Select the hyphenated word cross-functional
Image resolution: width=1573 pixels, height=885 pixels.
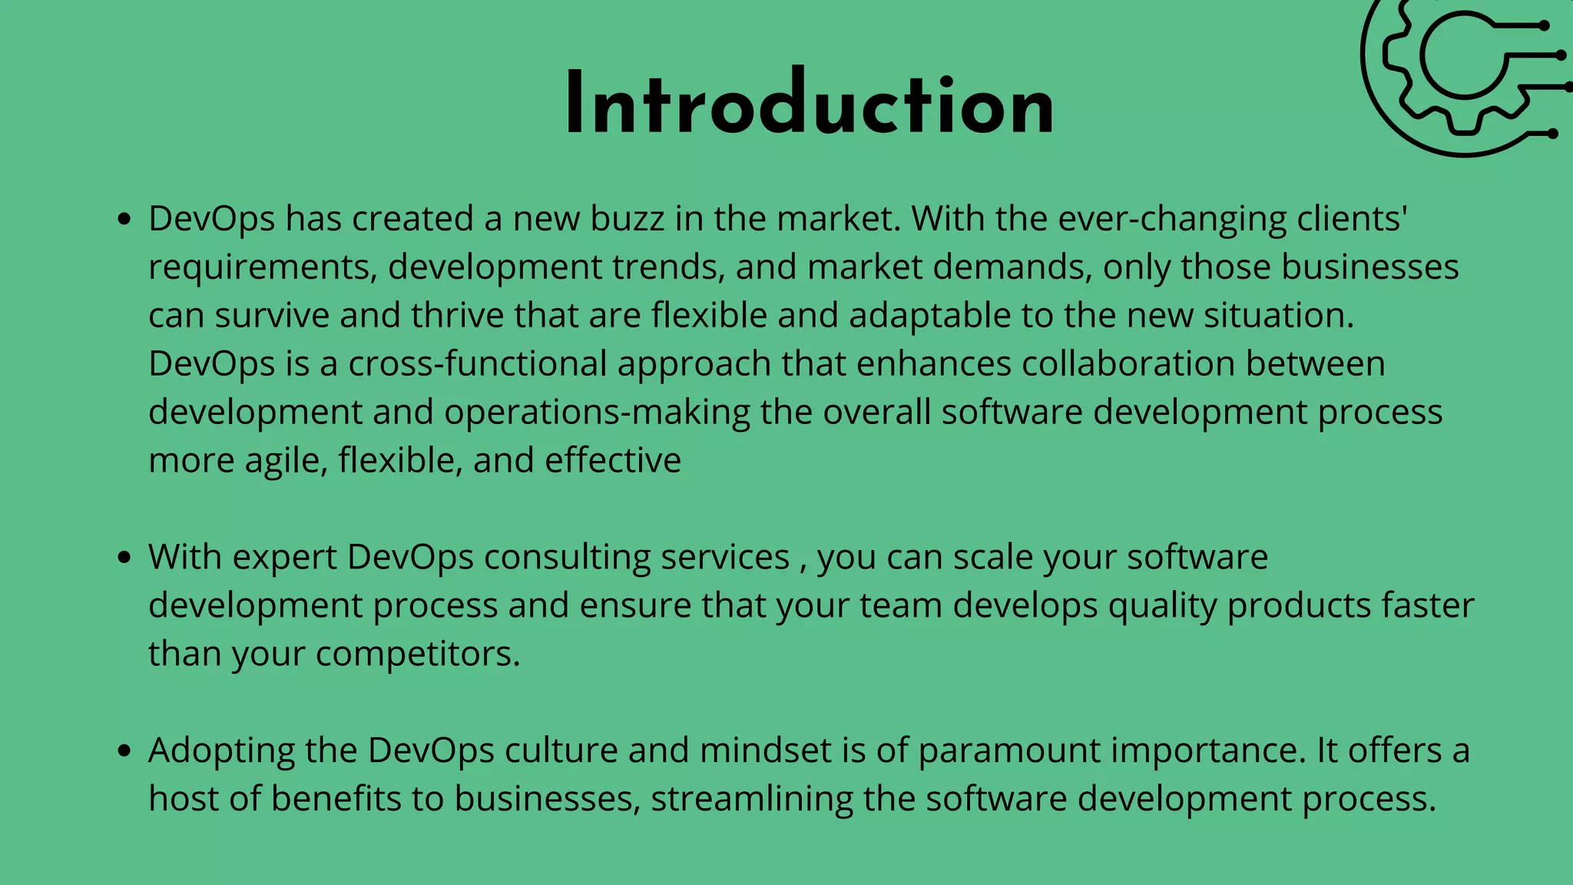tap(477, 364)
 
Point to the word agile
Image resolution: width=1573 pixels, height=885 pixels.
tap(286, 461)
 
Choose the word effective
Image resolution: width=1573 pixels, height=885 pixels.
tap(613, 461)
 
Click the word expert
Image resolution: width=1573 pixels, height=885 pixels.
tap(285, 558)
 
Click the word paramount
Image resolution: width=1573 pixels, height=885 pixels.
tap(1009, 751)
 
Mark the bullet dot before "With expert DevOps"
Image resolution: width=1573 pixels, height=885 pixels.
tap(124, 559)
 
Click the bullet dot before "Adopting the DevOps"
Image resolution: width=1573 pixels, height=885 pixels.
tap(124, 752)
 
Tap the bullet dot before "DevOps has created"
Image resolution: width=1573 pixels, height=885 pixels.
tap(124, 220)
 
